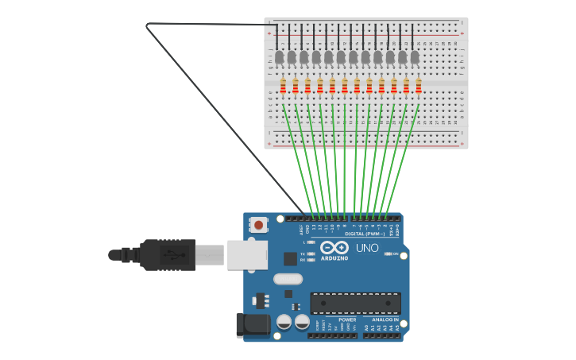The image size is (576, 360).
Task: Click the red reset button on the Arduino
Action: pyautogui.click(x=258, y=225)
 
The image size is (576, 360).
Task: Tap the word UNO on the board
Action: pyautogui.click(x=367, y=248)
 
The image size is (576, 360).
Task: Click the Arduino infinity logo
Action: pyautogui.click(x=334, y=248)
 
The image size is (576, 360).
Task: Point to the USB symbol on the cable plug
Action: pyautogui.click(x=173, y=255)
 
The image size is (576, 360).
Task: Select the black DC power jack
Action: pyautogui.click(x=253, y=324)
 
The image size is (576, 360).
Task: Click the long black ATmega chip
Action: pyautogui.click(x=355, y=303)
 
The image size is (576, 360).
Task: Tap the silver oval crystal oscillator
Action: pyautogui.click(x=288, y=279)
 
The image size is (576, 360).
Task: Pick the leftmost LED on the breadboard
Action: pyautogui.click(x=280, y=57)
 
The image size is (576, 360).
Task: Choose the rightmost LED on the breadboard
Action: pyautogui.click(x=415, y=57)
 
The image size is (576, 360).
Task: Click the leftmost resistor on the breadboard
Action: pyautogui.click(x=283, y=86)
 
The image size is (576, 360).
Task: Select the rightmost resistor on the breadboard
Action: pyautogui.click(x=419, y=86)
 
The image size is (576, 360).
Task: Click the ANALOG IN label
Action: pyautogui.click(x=385, y=319)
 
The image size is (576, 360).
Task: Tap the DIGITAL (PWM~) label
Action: pyautogui.click(x=365, y=234)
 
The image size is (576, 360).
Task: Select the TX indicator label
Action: pyautogui.click(x=303, y=254)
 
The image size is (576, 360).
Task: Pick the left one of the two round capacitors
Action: pyautogui.click(x=284, y=322)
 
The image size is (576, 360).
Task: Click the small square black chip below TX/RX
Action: pyautogui.click(x=290, y=258)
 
